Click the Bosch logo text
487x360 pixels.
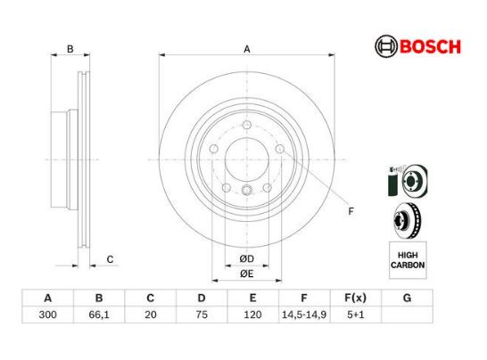click(430, 46)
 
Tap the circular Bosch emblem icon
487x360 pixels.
click(386, 46)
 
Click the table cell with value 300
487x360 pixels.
click(47, 315)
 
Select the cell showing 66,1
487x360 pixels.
click(99, 315)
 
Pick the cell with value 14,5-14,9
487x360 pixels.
click(304, 315)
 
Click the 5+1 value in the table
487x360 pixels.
click(356, 315)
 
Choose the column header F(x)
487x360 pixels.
click(356, 298)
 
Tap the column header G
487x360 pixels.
click(407, 298)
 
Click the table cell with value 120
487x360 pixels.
click(252, 315)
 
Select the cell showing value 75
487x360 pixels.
click(202, 315)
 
